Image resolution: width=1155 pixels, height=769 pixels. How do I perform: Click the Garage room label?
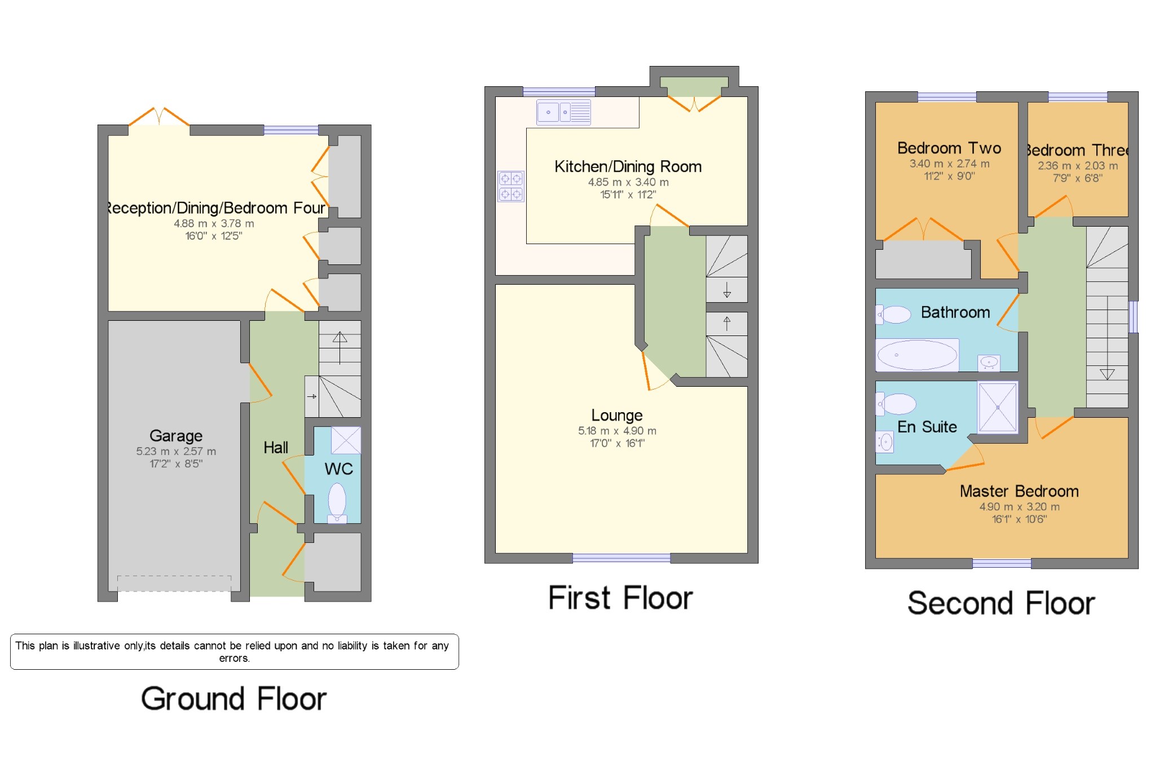coord(175,436)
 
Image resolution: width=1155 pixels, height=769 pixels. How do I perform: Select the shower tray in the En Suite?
coord(997,407)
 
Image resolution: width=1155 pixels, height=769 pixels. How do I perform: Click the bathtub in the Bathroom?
coord(917,355)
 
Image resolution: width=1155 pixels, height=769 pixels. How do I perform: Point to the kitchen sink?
coord(563,112)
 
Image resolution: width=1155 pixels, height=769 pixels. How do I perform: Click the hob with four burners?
coord(510,187)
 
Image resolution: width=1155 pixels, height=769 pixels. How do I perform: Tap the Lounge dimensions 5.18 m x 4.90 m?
coord(617,431)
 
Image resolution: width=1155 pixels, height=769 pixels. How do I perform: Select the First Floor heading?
coord(620,598)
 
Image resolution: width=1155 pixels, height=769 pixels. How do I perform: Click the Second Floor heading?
coord(1001,603)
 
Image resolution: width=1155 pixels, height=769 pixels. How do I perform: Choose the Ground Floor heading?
coord(233,699)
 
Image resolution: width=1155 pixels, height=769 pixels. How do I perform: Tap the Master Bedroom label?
coord(1019,491)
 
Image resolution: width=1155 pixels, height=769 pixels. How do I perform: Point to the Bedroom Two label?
coord(949,148)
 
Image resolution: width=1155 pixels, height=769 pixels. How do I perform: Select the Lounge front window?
coord(621,558)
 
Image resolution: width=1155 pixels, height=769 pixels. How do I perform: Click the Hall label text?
coord(276,448)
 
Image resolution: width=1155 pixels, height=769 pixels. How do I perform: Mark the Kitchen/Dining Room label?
coord(628,166)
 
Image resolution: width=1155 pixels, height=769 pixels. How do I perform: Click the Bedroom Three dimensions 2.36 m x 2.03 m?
coord(1077,166)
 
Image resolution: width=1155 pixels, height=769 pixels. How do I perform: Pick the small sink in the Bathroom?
coord(989,363)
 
